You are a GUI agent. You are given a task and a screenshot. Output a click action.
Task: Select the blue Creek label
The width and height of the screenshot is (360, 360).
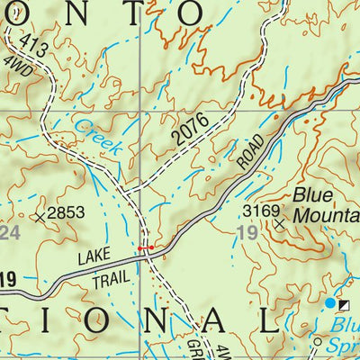97,136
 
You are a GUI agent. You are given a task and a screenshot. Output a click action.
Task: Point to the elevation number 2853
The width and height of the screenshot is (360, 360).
70,212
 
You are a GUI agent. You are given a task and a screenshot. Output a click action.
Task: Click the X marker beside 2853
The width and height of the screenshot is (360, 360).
40,216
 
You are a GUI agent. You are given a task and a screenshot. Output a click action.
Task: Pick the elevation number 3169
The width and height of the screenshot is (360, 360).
261,211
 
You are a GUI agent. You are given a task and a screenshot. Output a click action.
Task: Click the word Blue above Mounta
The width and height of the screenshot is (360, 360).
312,195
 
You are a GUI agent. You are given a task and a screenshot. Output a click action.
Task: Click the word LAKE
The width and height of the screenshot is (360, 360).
93,259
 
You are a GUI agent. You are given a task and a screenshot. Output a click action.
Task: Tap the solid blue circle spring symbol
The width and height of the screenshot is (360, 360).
328,304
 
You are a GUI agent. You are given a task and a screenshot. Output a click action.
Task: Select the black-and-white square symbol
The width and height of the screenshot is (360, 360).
343,304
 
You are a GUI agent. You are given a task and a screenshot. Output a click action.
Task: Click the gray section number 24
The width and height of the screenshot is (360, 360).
9,234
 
